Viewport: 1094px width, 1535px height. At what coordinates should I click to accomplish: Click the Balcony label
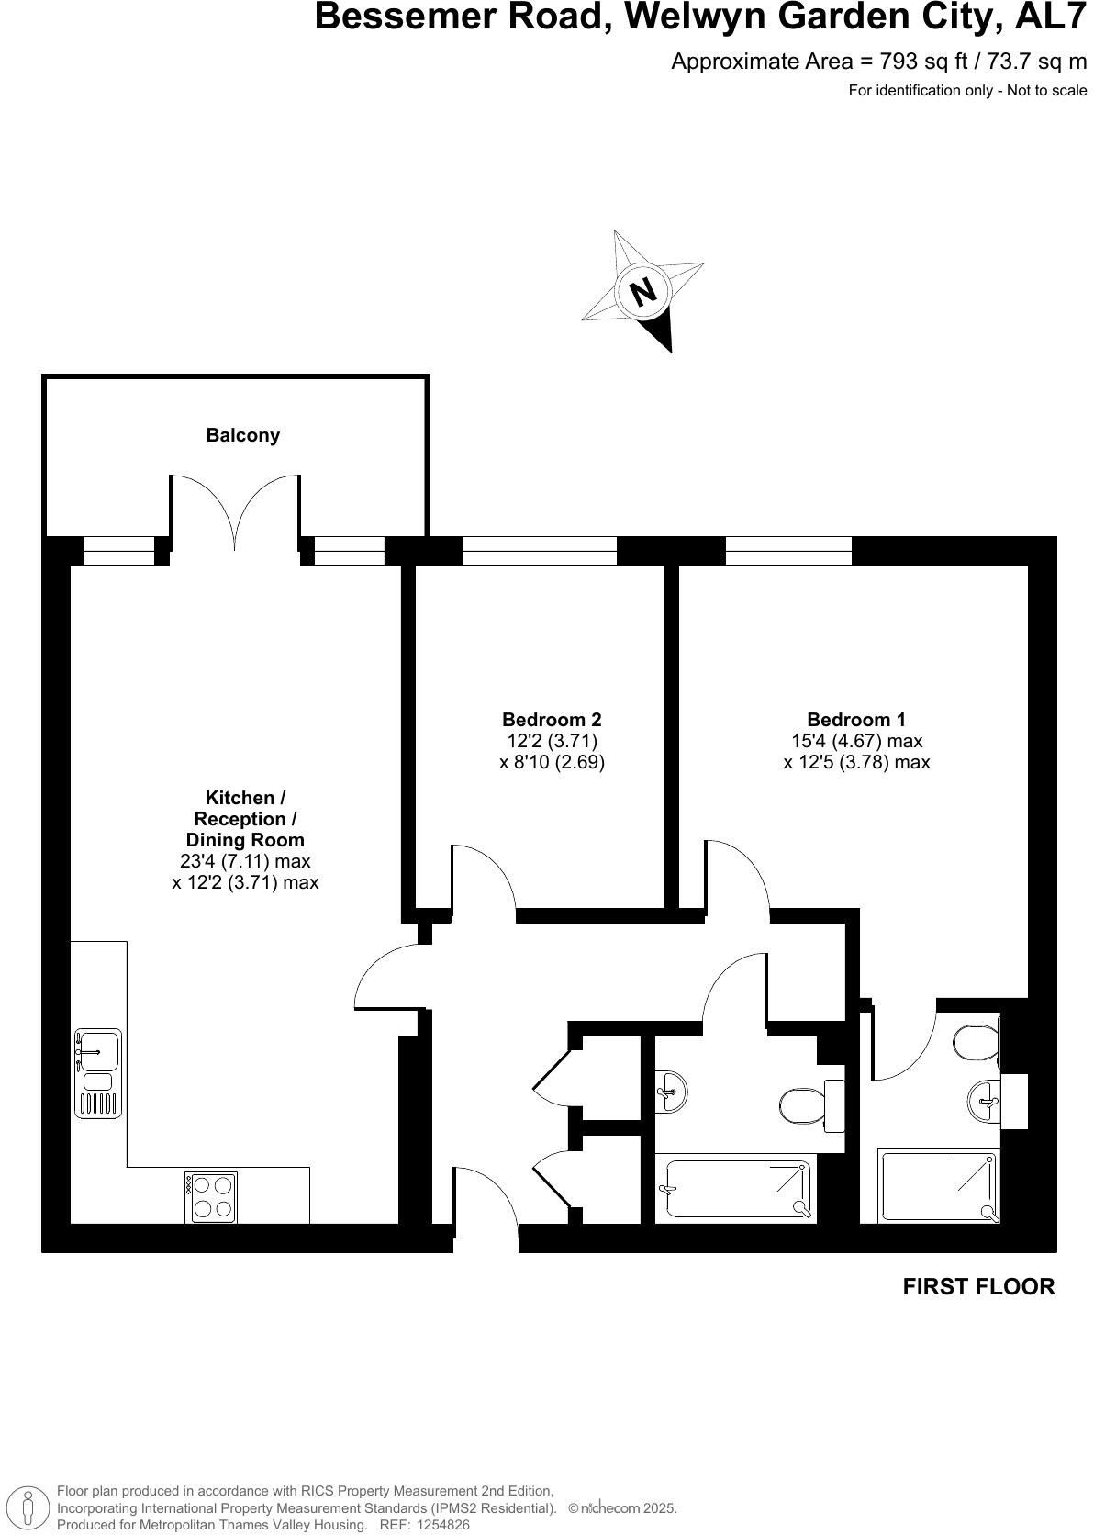242,435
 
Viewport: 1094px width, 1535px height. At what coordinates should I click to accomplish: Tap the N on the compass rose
644,291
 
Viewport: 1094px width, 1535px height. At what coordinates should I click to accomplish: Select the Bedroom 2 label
552,720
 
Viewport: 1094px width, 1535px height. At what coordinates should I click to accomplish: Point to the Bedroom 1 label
855,720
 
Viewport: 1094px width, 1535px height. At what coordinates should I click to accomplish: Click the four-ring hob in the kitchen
210,1197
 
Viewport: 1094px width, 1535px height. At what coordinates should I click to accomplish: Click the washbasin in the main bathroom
671,1092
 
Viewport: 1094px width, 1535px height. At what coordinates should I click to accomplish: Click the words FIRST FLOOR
978,1286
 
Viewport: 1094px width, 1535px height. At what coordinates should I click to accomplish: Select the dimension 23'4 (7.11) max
245,861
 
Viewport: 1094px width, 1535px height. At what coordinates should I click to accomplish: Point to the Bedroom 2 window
539,551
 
